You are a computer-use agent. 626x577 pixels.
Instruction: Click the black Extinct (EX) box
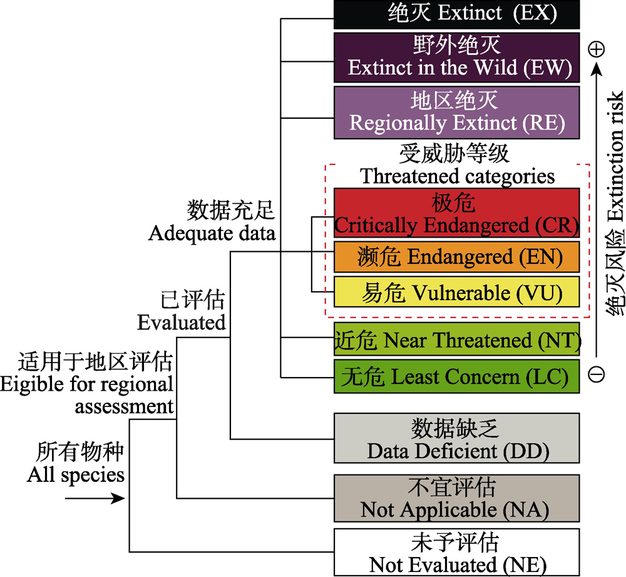456,14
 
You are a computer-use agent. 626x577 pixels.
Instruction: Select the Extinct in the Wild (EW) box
456,58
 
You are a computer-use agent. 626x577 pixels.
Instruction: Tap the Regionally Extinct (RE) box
456,113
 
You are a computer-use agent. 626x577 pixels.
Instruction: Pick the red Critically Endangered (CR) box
456,213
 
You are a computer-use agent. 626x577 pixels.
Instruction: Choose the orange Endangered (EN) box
456,257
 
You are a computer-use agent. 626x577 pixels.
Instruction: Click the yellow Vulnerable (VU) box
456,292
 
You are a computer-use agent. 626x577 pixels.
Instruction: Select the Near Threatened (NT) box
456,339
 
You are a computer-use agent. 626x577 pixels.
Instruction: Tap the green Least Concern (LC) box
456,376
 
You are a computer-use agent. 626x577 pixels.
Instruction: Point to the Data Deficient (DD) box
456,438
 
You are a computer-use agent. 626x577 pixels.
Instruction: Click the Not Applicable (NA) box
456,498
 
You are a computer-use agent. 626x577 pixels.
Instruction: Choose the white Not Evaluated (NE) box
456,552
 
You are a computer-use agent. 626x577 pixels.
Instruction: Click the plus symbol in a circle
597,49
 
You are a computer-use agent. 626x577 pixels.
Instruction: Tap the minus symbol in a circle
597,374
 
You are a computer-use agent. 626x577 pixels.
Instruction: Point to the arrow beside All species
95,498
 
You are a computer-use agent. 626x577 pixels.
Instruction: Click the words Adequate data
212,233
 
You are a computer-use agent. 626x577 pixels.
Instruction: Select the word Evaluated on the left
182,322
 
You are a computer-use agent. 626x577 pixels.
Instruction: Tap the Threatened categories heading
457,176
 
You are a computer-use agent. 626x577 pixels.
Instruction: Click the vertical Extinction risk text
615,156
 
